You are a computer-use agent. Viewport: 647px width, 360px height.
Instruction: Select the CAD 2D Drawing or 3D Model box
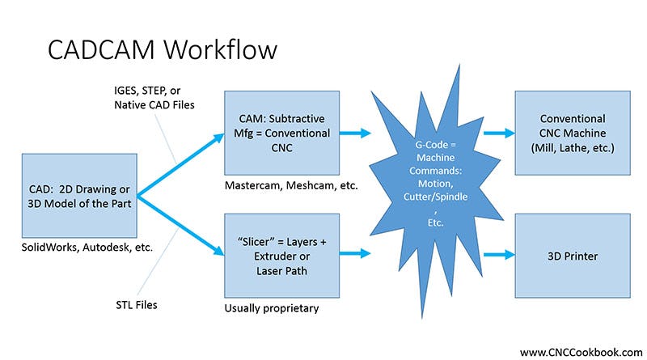coord(78,195)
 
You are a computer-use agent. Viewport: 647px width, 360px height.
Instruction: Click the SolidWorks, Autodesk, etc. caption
coord(78,247)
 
